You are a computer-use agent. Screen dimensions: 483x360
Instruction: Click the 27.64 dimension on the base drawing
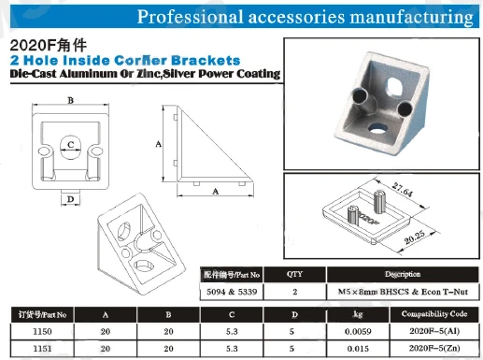tap(402, 190)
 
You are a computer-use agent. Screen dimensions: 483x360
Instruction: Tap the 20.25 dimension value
tap(415, 238)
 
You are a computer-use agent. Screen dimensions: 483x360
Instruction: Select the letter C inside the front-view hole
tap(71, 144)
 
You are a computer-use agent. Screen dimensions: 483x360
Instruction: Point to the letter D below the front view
tap(70, 199)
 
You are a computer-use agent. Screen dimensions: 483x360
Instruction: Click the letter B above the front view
tap(71, 100)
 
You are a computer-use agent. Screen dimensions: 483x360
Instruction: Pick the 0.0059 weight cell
tap(358, 331)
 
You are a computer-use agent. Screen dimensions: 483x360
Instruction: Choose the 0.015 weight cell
tap(358, 349)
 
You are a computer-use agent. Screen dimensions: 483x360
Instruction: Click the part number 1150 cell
tap(42, 331)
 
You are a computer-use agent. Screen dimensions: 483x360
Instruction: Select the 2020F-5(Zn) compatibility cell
tap(434, 348)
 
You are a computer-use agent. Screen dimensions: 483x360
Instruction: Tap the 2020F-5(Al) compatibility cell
tap(434, 331)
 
